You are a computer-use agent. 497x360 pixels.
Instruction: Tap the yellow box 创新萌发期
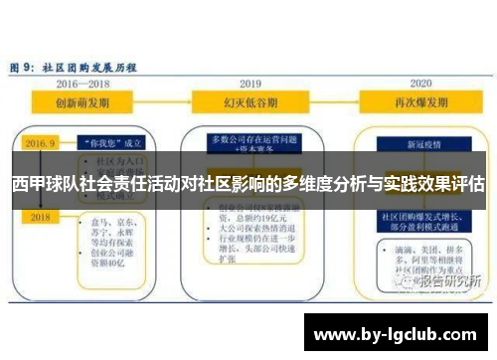(x=84, y=102)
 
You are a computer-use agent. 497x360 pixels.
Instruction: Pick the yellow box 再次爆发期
(x=418, y=102)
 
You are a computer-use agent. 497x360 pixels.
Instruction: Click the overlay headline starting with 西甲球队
(x=248, y=183)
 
